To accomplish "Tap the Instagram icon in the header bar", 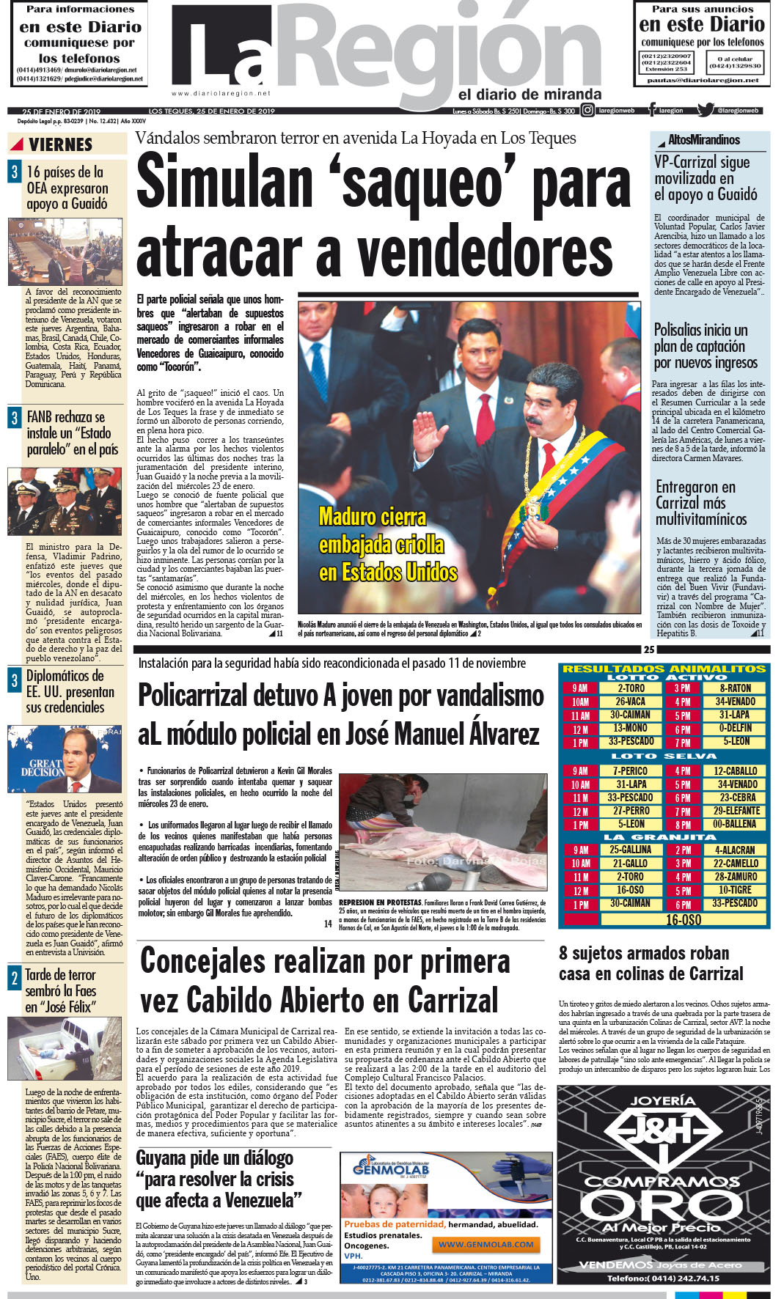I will (x=587, y=111).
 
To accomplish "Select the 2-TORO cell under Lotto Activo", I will (x=630, y=688).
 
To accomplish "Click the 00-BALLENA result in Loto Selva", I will (x=734, y=824).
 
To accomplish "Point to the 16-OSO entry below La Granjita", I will (x=683, y=919).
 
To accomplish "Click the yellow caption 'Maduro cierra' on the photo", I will (x=373, y=517).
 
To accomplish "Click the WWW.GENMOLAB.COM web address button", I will (x=486, y=1244).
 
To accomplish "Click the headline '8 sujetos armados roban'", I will (x=644, y=953).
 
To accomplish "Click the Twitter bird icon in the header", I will (x=706, y=111).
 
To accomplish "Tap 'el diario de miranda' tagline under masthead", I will (x=530, y=95).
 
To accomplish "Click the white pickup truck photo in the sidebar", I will (x=65, y=1049).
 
